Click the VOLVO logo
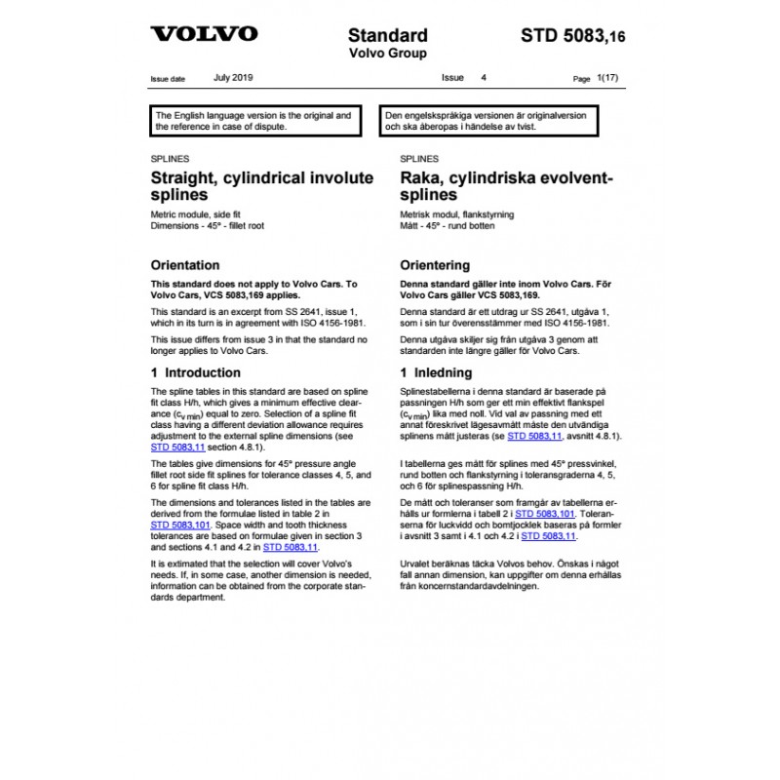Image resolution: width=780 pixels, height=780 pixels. pos(204,34)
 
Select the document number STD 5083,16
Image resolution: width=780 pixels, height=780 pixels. pos(573,36)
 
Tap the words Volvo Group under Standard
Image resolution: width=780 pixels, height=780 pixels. pos(387,54)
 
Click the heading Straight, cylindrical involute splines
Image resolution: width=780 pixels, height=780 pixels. pos(261,186)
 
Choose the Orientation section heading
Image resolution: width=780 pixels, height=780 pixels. pos(185,265)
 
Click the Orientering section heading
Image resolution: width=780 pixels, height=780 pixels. pos(435,265)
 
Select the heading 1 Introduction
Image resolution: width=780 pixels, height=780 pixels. pos(196,372)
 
